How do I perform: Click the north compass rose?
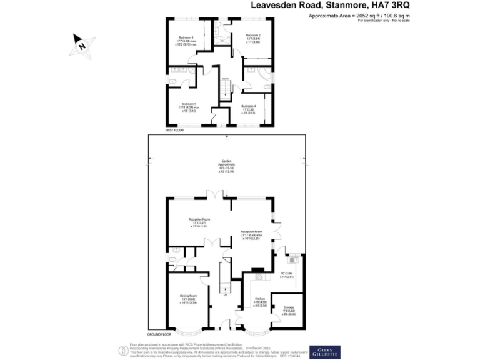[81, 45]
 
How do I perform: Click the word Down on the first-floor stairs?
[224, 79]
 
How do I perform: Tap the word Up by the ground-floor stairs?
[225, 296]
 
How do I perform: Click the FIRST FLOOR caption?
[174, 130]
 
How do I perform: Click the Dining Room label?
[189, 298]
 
